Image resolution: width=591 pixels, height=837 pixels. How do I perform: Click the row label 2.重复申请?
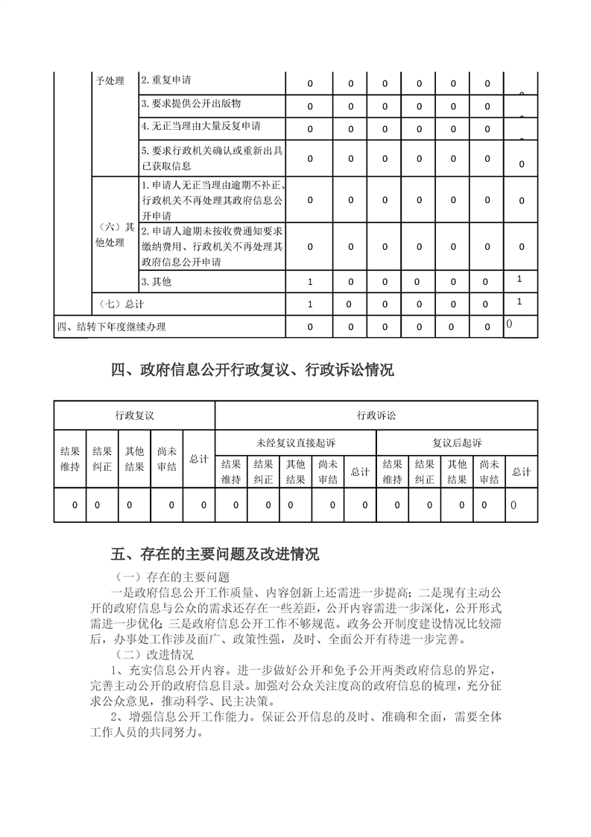(171, 81)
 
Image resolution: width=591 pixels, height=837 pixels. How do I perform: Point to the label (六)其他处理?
(115, 235)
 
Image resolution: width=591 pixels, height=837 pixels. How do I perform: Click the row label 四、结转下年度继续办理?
(112, 327)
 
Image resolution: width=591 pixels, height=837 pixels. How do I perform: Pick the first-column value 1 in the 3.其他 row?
(310, 282)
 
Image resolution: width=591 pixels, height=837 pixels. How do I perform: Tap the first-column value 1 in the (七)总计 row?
(310, 304)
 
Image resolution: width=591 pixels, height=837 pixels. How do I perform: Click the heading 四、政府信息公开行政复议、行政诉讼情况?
(252, 370)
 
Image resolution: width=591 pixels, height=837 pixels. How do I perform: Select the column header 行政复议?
(135, 415)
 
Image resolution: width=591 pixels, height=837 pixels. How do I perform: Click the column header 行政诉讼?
(376, 415)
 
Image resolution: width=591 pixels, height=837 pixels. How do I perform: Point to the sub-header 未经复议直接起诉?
(296, 443)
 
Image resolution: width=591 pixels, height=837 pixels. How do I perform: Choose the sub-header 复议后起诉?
(457, 443)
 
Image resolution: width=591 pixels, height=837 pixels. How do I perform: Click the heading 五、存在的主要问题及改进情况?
(215, 554)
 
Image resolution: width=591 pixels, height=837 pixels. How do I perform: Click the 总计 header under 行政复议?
(199, 459)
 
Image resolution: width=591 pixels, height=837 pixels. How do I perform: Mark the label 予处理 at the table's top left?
(110, 81)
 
